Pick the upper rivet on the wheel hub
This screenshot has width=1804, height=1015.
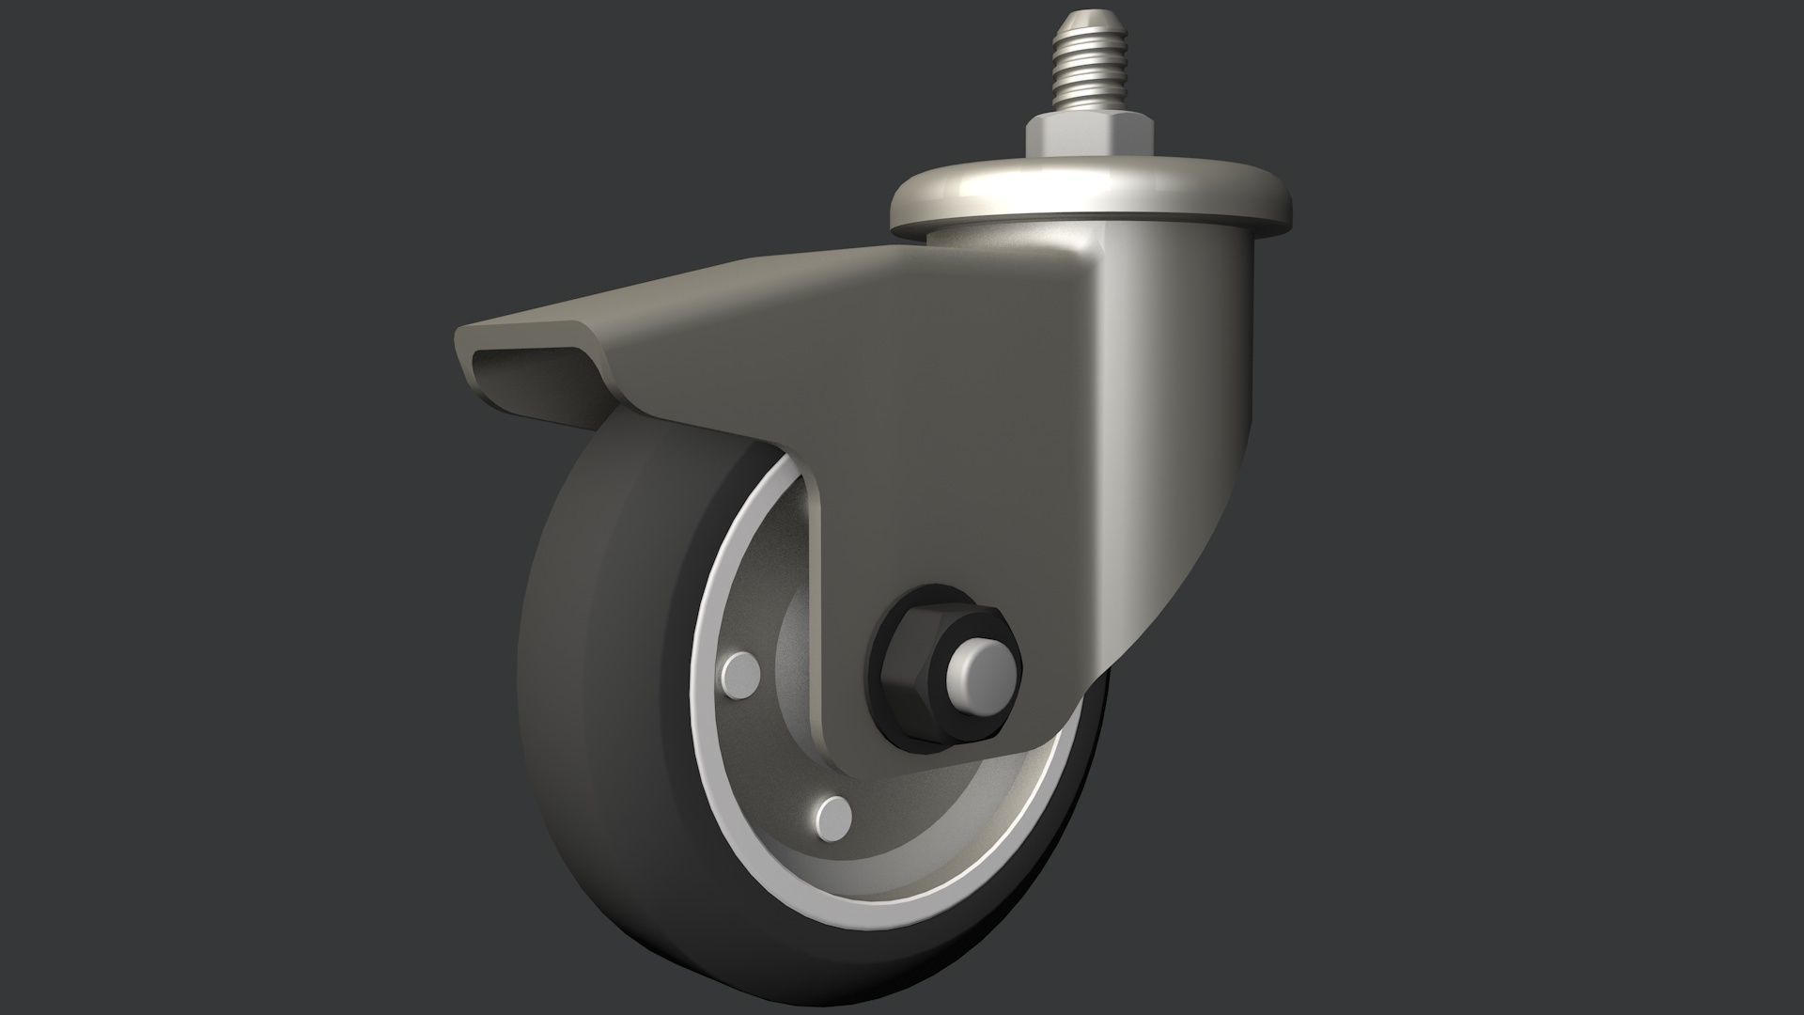(x=742, y=673)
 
